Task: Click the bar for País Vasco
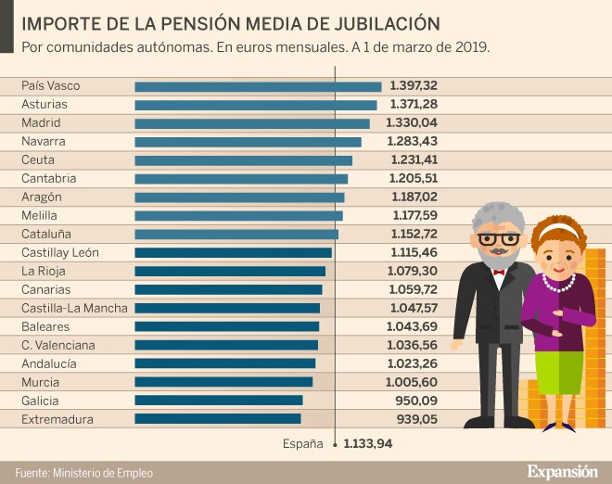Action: coord(258,86)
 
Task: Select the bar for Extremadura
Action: coord(218,419)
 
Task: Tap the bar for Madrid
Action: coord(252,123)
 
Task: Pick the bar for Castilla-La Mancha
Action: coord(227,308)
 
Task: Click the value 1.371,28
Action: coord(414,105)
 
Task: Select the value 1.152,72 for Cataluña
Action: coord(414,234)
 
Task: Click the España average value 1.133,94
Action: coord(368,444)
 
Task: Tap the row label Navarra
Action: coord(44,142)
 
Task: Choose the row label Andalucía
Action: coord(49,363)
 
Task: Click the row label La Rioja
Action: coord(43,271)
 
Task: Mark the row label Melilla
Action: coord(40,215)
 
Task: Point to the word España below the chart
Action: coord(303,444)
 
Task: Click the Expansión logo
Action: coord(562,471)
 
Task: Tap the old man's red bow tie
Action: coord(499,272)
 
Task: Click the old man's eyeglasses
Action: coord(498,238)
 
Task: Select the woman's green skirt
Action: coord(559,372)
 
